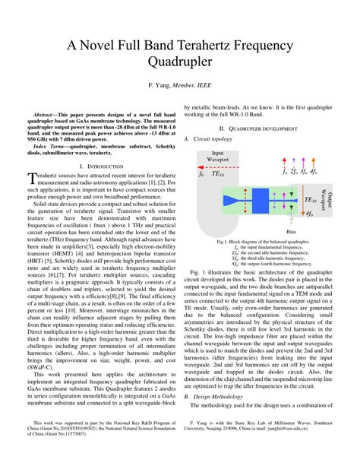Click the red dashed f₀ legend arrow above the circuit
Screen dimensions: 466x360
coord(283,160)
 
